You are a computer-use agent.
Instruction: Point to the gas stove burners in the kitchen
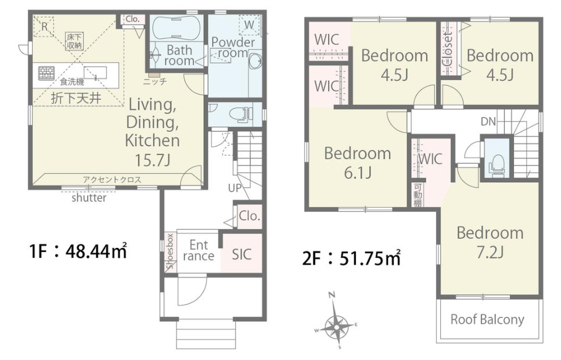(46, 73)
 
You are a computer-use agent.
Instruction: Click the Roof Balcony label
(487, 319)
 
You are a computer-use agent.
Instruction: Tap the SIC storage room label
(241, 254)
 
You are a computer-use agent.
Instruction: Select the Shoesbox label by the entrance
(170, 251)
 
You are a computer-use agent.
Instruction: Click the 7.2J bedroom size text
(490, 252)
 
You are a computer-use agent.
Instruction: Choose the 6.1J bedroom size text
(357, 173)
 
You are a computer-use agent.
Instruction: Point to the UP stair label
(235, 188)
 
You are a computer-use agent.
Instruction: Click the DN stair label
(488, 122)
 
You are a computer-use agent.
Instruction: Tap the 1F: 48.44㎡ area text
(78, 251)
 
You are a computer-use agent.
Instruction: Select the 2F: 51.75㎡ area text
(351, 258)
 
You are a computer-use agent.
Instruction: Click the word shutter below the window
(89, 197)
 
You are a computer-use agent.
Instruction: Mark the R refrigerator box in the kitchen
(44, 26)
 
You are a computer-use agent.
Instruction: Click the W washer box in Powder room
(249, 25)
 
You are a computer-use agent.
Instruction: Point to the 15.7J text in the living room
(152, 160)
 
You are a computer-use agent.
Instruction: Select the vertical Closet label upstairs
(448, 49)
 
